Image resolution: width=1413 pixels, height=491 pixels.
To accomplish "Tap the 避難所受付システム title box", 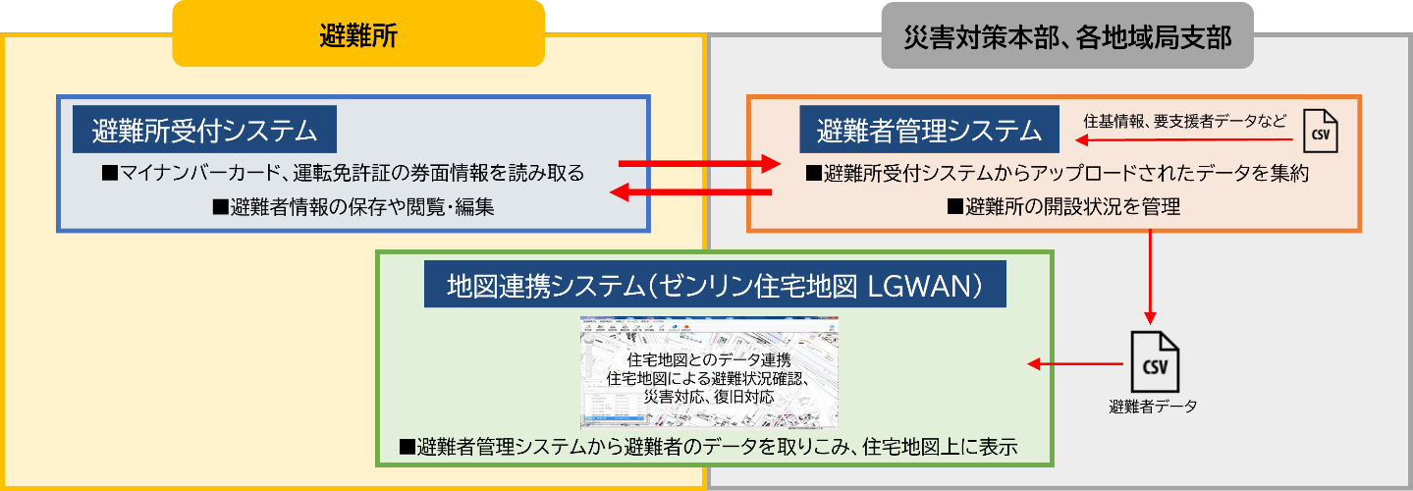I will [204, 130].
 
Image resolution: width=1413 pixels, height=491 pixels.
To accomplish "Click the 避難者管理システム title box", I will [929, 130].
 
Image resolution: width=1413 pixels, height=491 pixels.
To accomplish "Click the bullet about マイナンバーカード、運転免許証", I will [343, 174].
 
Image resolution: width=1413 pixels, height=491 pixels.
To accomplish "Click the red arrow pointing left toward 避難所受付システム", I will [691, 193].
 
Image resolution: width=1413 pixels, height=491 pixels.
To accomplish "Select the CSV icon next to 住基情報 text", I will [1321, 130].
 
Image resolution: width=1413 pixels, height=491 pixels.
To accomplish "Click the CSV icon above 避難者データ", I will [1154, 361].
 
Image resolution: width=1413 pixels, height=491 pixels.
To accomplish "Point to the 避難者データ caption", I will [1153, 406].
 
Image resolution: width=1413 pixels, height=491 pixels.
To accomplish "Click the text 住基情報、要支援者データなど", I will [1184, 121].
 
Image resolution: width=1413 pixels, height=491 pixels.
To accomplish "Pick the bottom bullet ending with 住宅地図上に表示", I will [708, 448].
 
